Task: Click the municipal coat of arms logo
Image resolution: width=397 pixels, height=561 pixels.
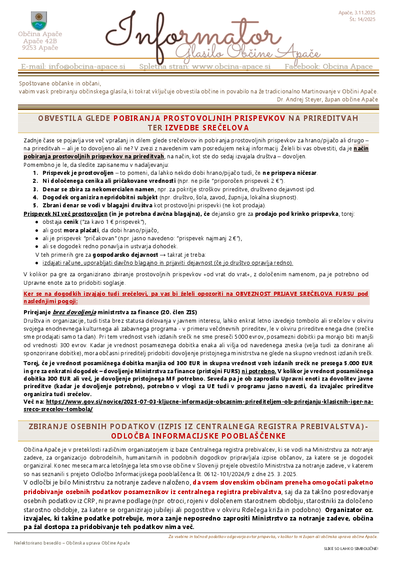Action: pos(39,20)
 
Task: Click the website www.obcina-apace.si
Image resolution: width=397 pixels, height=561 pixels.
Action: pos(231,66)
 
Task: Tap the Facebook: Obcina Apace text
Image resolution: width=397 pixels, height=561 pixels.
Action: pos(328,66)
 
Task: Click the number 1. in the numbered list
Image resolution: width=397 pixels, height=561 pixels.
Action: pos(36,173)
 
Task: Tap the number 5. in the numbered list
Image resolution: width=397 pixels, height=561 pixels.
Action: pos(36,205)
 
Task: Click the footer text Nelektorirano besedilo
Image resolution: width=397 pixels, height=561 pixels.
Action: pos(36,543)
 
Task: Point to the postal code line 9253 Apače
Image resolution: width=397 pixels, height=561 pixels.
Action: pos(40,47)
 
